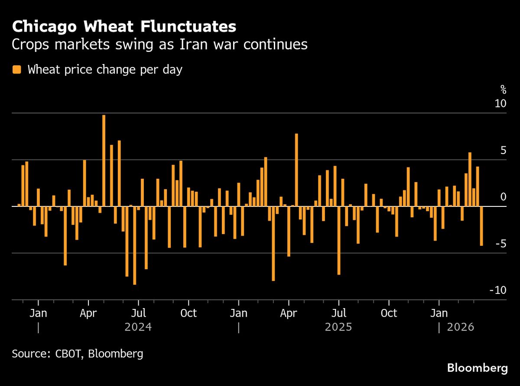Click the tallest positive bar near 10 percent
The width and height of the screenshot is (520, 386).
pos(104,160)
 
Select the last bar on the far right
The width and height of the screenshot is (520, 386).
pos(481,226)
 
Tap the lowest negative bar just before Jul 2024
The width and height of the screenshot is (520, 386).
pos(134,245)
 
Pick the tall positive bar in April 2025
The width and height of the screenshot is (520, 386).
pos(296,170)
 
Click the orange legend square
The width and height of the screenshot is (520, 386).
pos(17,70)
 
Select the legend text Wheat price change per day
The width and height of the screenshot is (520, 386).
pos(105,70)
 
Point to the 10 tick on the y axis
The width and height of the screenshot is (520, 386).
pos(500,104)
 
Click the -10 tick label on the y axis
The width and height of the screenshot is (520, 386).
pos(497,290)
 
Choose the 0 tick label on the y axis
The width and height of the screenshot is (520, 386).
pos(503,197)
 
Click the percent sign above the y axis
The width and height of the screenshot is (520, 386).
pos(503,90)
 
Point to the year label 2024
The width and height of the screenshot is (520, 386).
pos(138,327)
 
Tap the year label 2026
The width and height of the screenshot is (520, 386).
pos(461,327)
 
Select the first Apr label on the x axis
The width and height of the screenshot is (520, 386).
pos(88,313)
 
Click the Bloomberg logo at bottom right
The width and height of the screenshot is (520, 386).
pos(477,368)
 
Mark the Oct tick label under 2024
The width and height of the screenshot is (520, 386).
pos(188,313)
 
